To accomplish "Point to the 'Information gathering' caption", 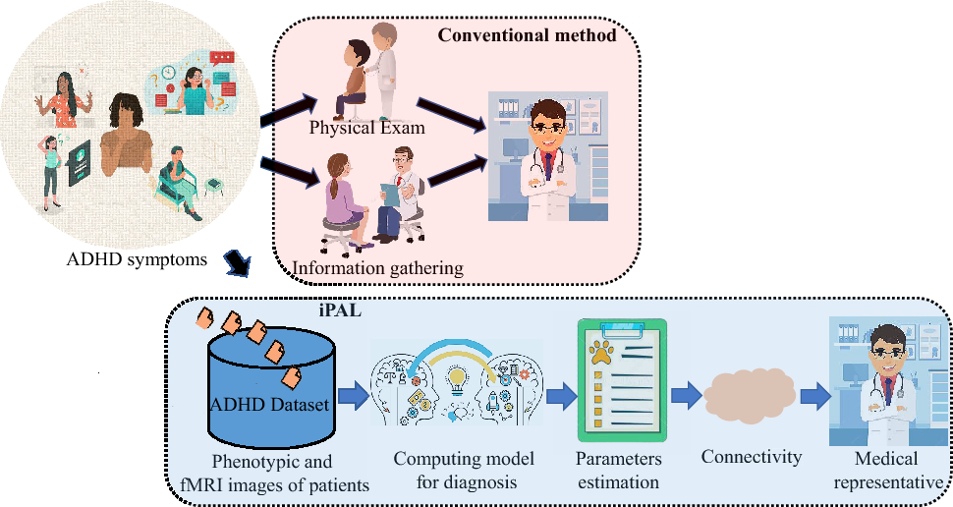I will click(x=377, y=266).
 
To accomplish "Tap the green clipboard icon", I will click(x=622, y=379).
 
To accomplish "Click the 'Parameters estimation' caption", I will click(x=620, y=470).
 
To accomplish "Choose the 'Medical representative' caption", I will click(x=887, y=470).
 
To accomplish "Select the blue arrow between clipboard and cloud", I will click(x=685, y=397).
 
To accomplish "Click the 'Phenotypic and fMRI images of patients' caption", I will click(x=273, y=471).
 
